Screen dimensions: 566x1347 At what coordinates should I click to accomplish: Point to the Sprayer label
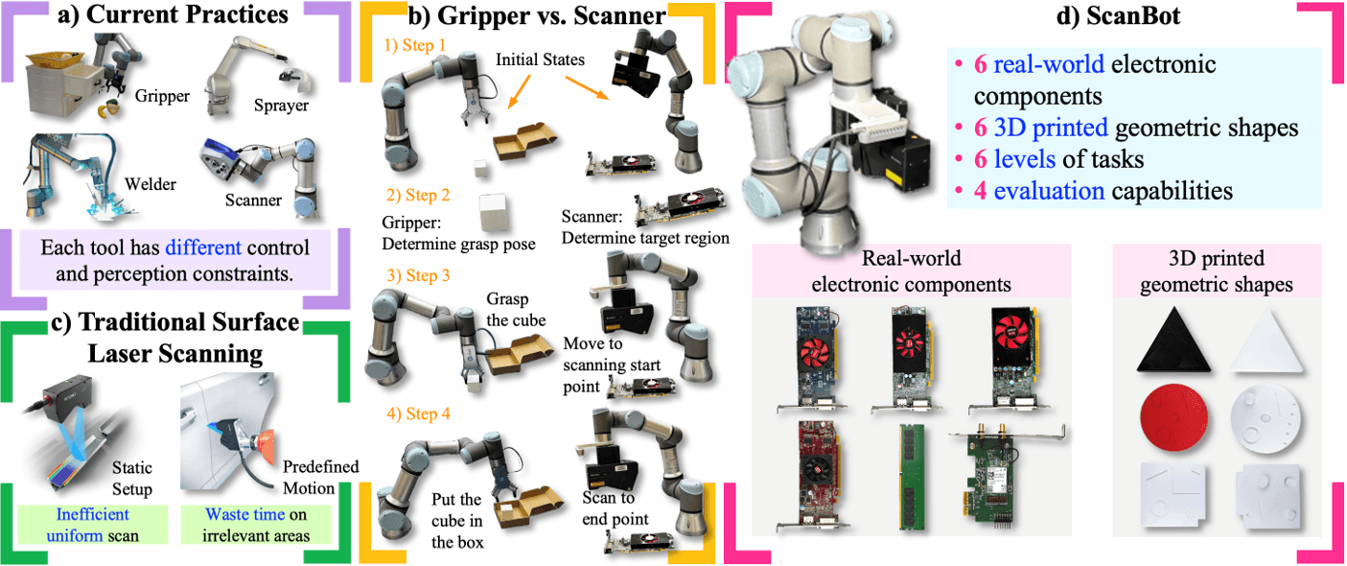281,105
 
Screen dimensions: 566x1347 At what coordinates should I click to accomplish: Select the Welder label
151,183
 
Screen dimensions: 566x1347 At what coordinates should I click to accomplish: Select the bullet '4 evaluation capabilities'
1089,191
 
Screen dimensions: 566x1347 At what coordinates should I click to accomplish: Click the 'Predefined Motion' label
319,478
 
